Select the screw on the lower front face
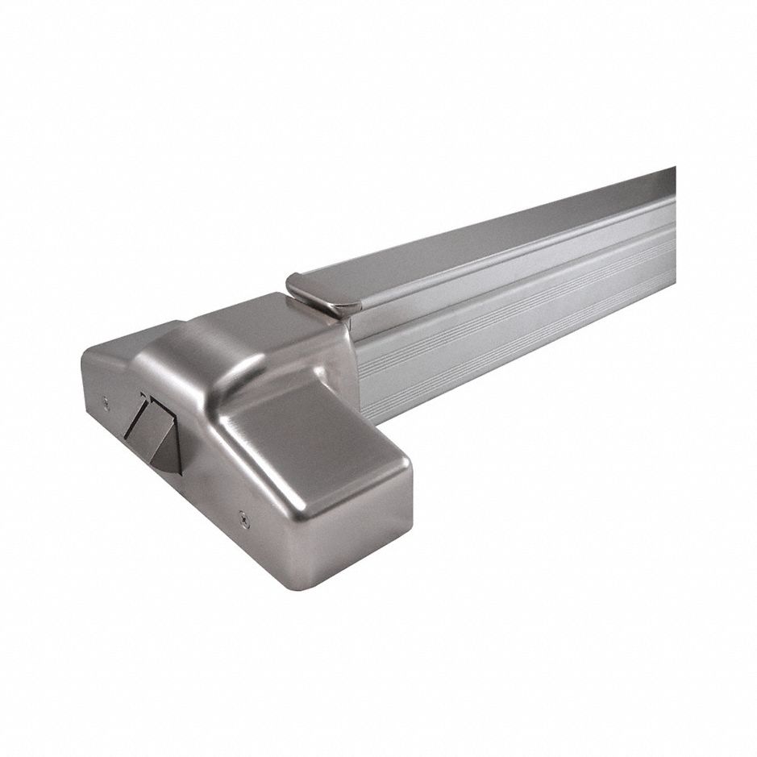point(245,521)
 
